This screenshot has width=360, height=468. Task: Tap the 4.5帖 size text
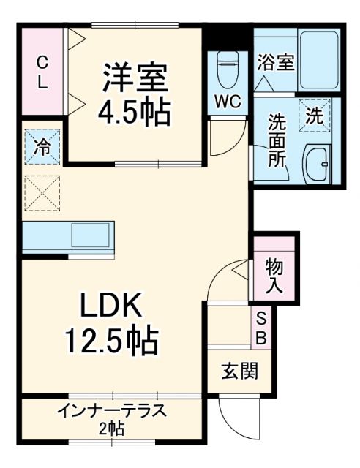135,111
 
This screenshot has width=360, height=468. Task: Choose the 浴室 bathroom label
275,62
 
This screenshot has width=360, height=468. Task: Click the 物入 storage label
274,274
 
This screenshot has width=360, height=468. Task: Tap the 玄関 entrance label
239,371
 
